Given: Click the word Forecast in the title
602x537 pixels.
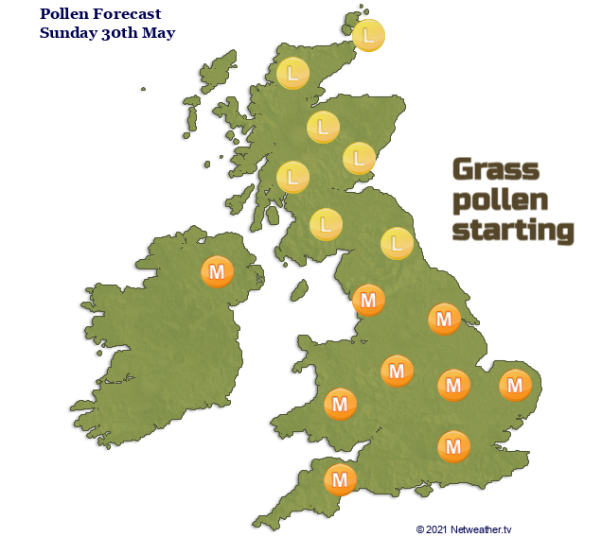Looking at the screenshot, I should click(x=127, y=14).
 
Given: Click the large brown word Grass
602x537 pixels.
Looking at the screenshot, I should click(x=495, y=170).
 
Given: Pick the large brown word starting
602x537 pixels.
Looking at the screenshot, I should click(x=514, y=231).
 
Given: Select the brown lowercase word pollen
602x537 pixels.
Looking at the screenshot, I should click(x=500, y=200).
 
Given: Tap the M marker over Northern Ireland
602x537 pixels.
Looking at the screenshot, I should click(x=218, y=272).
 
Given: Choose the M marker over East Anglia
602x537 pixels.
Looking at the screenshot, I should click(x=514, y=385).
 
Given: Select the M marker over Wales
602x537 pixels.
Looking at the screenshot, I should click(x=340, y=405).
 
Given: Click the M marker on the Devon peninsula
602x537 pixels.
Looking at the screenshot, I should click(x=340, y=479).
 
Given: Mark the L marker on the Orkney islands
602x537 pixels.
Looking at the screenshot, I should click(x=368, y=36).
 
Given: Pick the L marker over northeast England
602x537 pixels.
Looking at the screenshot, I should click(x=398, y=243).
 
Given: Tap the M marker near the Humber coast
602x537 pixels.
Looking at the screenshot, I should click(x=444, y=319).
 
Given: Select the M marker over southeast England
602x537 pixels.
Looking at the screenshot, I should click(x=453, y=445).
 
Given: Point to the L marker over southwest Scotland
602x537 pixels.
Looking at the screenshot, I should click(x=327, y=225).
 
